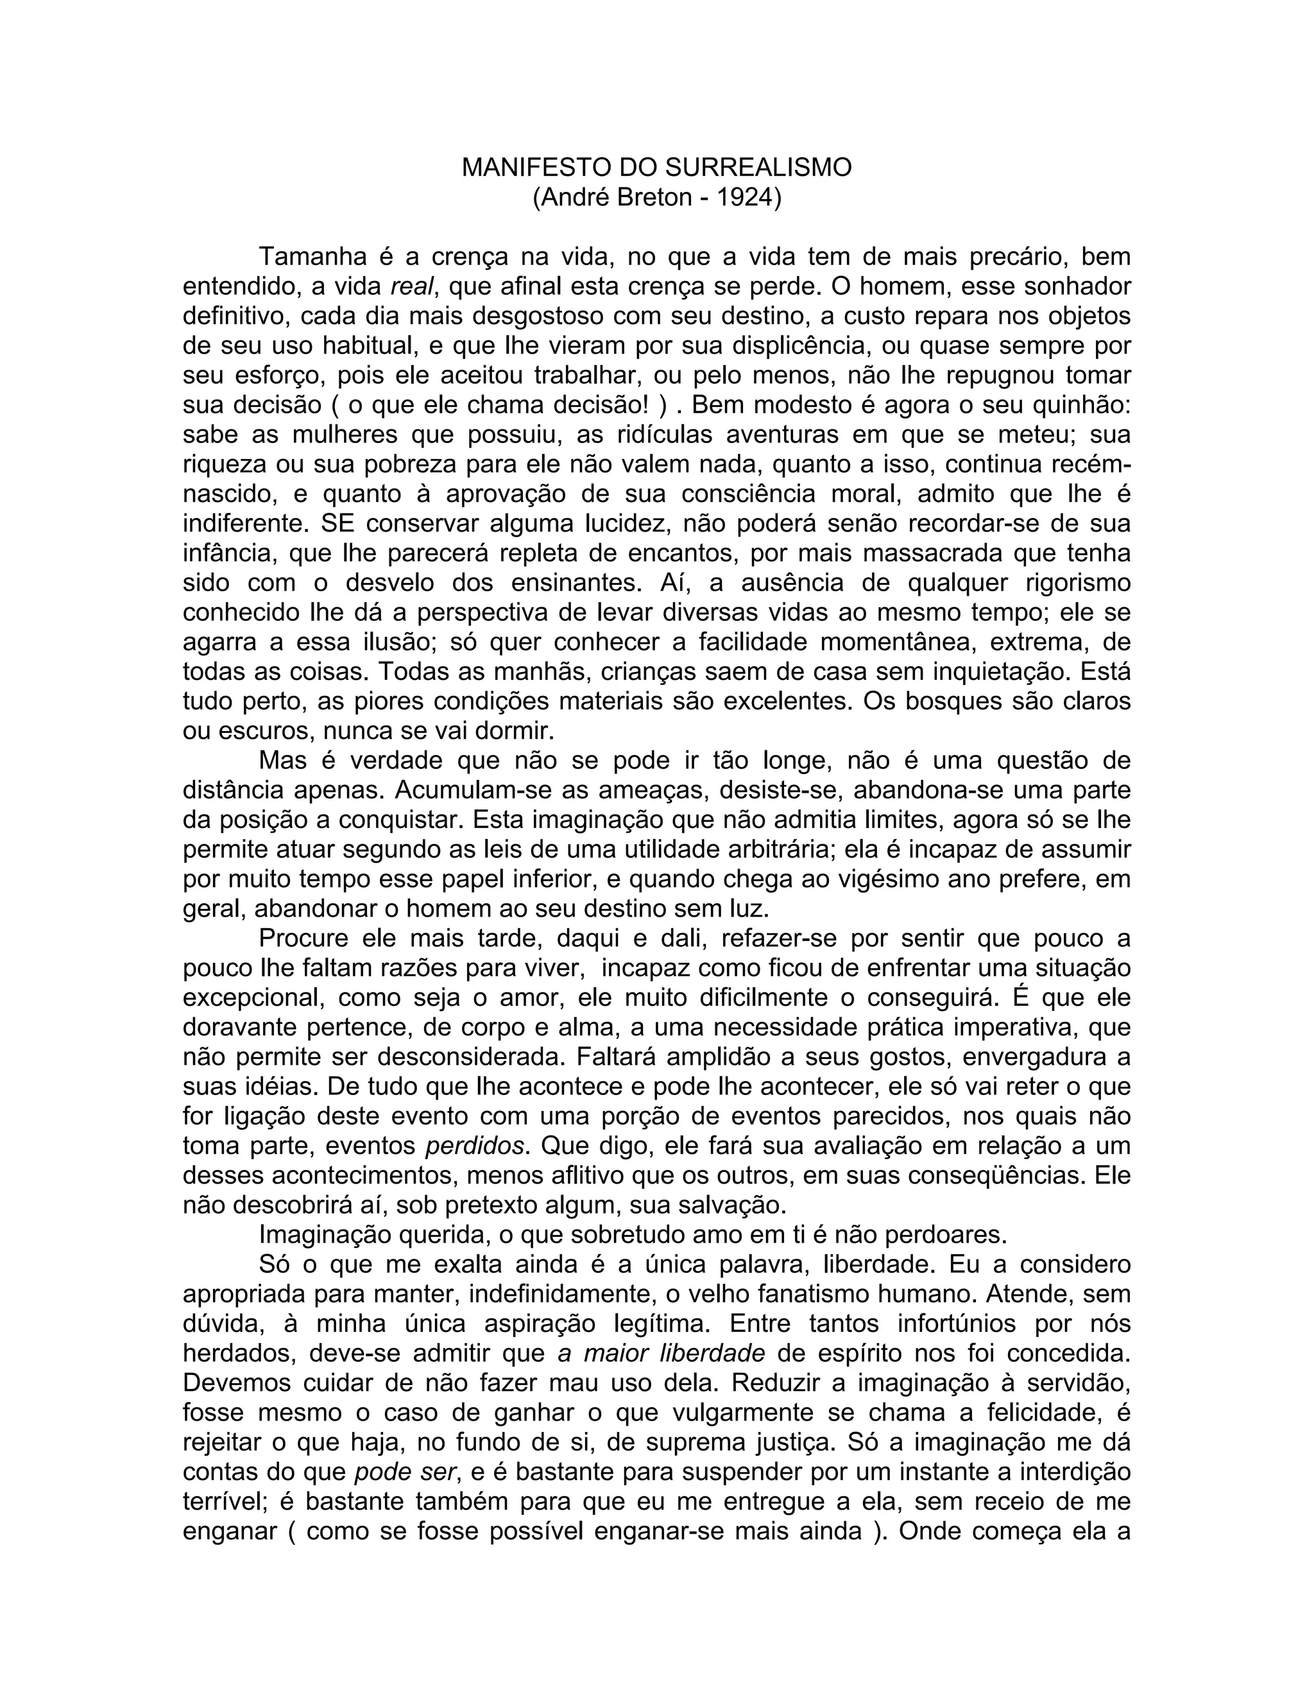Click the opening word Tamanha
click(313, 257)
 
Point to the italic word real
click(409, 287)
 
